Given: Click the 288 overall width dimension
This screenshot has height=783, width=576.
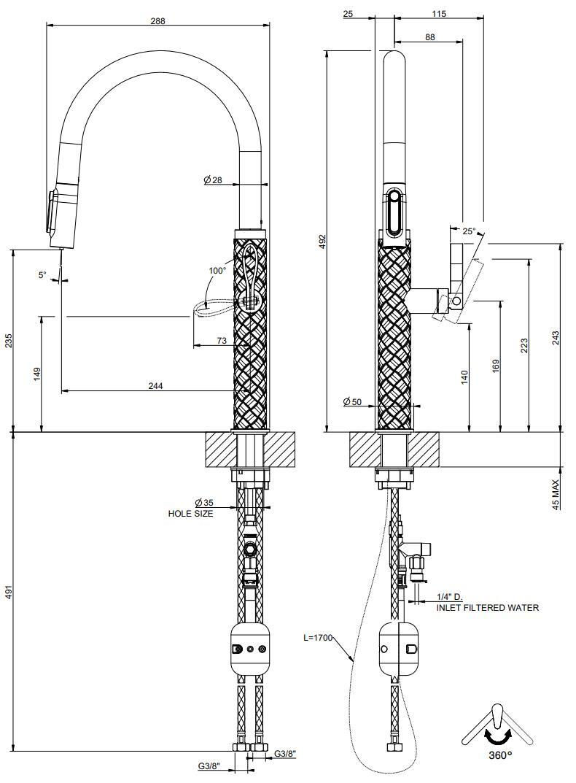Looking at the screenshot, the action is click(x=157, y=21).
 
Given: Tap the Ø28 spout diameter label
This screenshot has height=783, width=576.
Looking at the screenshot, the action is click(x=213, y=180).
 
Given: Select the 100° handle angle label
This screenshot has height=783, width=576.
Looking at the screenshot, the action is click(x=217, y=270).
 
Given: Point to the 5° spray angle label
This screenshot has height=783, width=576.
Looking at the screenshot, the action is click(x=42, y=274).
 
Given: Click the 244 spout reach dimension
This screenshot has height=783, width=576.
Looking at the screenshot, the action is click(x=156, y=385).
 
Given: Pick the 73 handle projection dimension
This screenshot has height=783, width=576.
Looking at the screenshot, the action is click(x=222, y=341).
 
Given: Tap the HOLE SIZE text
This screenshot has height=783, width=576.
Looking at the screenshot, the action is click(x=191, y=513).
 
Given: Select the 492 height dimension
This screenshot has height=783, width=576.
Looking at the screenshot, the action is click(x=322, y=242).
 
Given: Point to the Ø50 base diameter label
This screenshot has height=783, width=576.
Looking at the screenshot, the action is click(x=352, y=401).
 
